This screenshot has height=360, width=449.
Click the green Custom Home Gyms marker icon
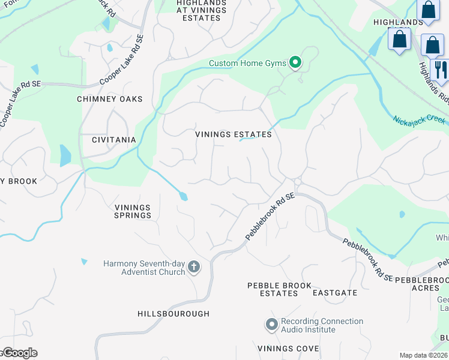coord(295,62)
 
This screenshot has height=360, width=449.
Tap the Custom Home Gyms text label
coord(248,63)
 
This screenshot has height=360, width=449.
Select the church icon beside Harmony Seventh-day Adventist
coord(193,267)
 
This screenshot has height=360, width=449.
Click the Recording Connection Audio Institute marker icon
coord(271,325)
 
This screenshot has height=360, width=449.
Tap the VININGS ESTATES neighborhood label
coord(234,134)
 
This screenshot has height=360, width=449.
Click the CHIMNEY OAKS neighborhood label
coord(110,99)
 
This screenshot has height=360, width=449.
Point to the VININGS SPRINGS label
coord(133,211)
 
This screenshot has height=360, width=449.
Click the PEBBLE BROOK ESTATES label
coord(273,289)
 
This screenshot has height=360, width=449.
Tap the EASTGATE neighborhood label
coord(335,293)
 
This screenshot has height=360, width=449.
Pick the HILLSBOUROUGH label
coord(173,314)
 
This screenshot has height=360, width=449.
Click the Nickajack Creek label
coord(420,120)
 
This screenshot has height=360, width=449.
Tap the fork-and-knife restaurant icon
coord(440,70)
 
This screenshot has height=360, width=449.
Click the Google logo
coord(20,353)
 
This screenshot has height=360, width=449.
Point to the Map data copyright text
coord(423,355)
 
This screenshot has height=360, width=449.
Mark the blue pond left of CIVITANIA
coord(65,155)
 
